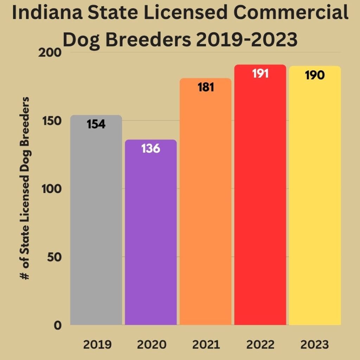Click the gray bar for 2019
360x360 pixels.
coord(96,225)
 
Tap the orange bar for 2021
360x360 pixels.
coord(206,207)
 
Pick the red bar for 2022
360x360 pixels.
coord(260,200)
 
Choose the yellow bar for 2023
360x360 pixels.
coord(315,200)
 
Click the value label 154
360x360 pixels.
coord(96,124)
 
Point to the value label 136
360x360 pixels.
coord(151,148)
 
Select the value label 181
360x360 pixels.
coord(206,87)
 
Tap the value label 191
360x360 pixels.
coord(260,74)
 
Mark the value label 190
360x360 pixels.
coord(315,75)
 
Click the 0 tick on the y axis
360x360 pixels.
coord(58,325)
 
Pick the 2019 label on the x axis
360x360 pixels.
coord(97,345)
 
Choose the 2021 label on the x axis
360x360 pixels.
coord(206,345)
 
